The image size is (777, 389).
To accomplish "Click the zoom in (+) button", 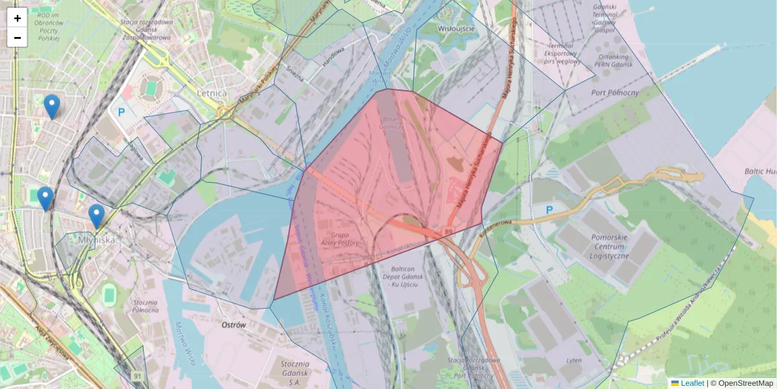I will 17,18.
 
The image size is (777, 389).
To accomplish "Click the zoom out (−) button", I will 17,38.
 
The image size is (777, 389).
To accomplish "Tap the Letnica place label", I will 212,93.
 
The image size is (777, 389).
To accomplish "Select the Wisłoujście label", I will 456,29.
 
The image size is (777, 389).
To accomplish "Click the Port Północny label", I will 615,93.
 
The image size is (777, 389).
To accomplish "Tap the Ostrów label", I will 234,325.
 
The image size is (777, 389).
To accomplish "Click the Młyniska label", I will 96,239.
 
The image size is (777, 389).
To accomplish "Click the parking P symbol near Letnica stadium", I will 120,112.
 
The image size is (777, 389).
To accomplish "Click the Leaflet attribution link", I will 692,383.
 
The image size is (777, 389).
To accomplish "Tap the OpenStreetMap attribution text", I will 741,383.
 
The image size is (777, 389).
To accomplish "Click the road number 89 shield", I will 448,231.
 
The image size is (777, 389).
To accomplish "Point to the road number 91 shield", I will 137,376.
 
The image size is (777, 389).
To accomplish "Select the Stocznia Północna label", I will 145,306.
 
